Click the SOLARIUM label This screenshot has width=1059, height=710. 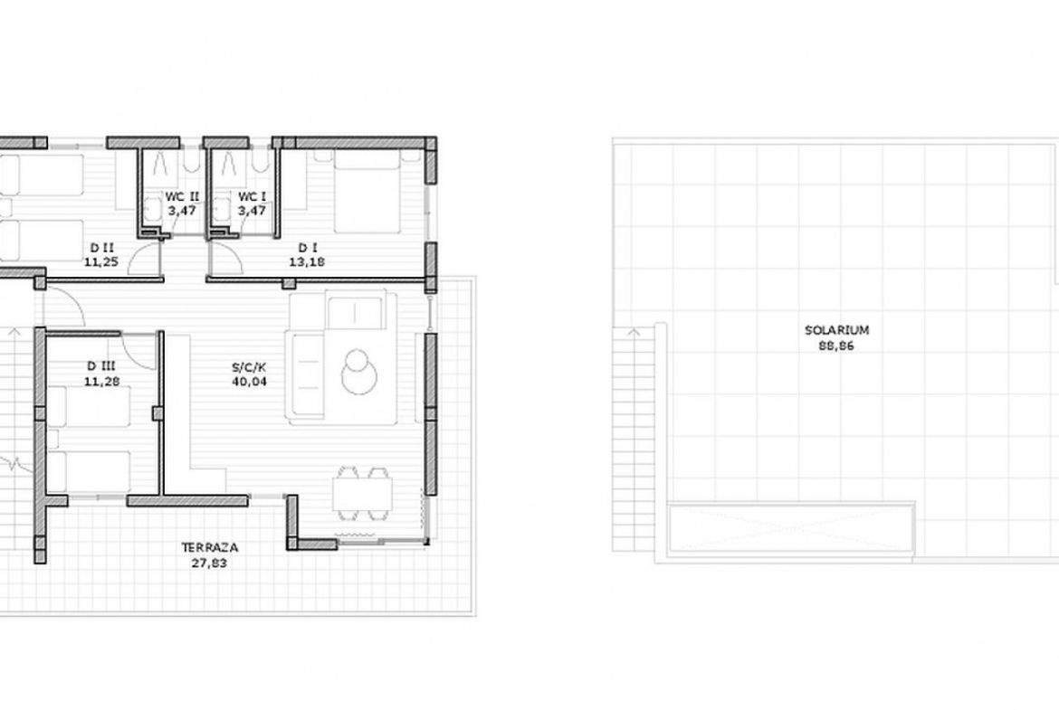(836, 330)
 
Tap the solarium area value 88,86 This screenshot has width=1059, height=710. (837, 346)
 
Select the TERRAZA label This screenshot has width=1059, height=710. (209, 547)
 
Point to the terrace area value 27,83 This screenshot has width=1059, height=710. (209, 563)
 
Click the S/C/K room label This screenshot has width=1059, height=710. (249, 368)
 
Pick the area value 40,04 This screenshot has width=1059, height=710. (249, 382)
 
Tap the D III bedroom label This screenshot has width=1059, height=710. (101, 366)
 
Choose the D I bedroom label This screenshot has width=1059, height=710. (308, 249)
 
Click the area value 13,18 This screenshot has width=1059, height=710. (307, 262)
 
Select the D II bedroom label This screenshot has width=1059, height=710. (101, 249)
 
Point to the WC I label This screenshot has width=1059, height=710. (252, 197)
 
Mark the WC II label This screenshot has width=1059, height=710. (182, 197)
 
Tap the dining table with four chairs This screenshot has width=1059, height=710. (362, 493)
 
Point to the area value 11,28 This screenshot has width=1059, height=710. (101, 382)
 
